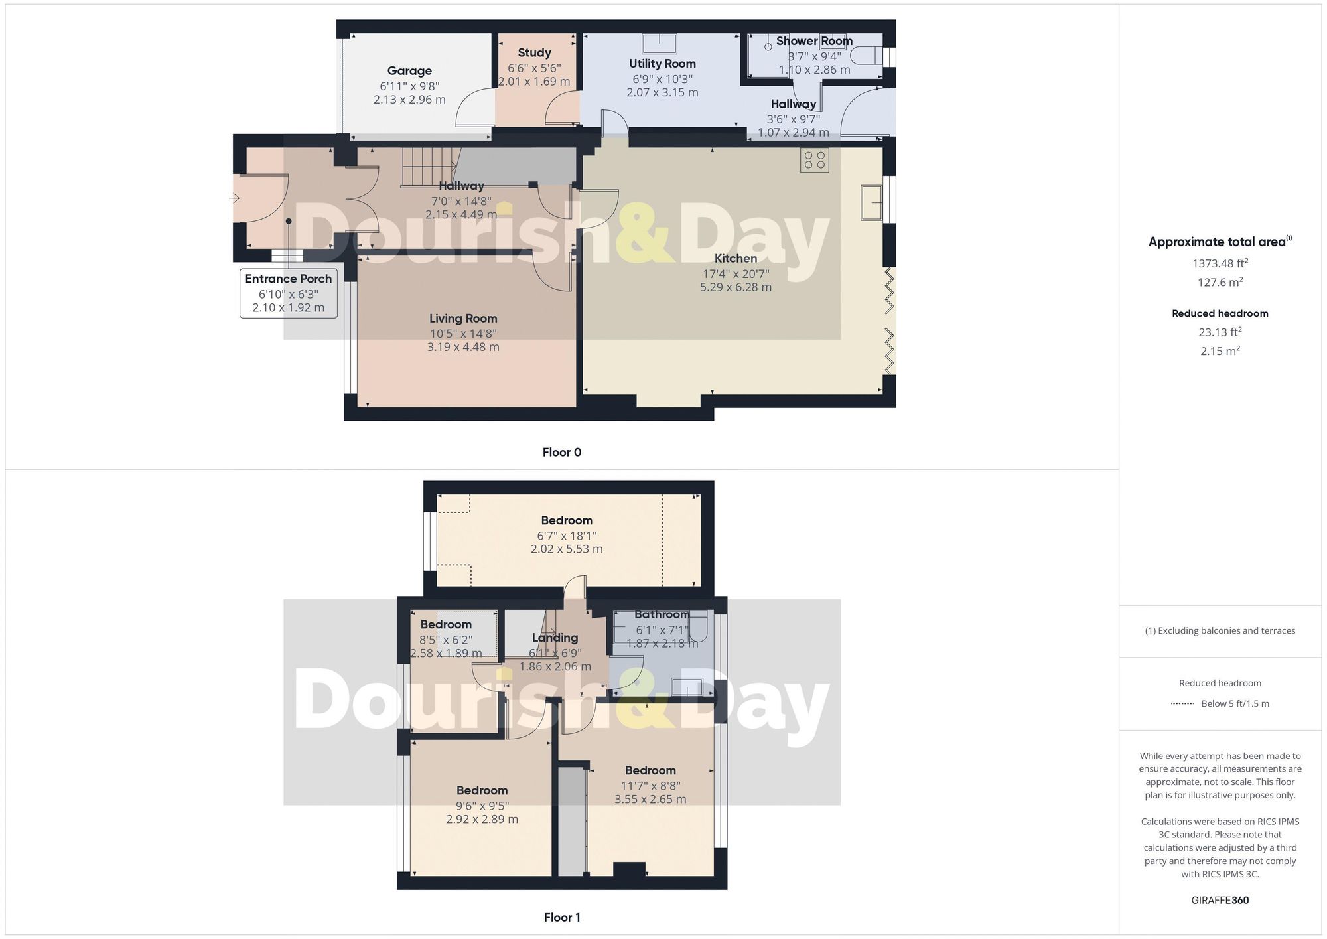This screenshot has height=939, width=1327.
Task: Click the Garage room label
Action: coord(409,71)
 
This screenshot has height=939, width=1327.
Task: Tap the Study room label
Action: coord(534,53)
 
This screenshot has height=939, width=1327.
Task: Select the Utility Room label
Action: coord(662,64)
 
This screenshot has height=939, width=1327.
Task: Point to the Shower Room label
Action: coord(814,41)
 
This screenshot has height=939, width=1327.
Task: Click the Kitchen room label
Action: coord(735,259)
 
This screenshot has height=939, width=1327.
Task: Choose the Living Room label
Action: coord(462,319)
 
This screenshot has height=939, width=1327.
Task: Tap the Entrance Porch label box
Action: coord(289,293)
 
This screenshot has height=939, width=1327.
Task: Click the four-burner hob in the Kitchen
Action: coord(814,160)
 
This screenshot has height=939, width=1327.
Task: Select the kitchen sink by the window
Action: coord(871,202)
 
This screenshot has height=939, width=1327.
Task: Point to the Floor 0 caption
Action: coord(561,453)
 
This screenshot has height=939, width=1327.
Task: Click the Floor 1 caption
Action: coord(561,918)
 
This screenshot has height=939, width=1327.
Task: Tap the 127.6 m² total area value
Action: coord(1220,283)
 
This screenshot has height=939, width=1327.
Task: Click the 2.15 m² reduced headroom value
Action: coord(1220,351)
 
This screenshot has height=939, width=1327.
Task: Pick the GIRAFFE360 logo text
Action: coord(1220,901)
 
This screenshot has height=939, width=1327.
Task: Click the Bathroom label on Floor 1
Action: coord(662,615)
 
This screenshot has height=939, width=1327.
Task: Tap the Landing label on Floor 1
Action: coord(555,638)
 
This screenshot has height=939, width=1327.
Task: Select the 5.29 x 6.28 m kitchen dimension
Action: coord(735,287)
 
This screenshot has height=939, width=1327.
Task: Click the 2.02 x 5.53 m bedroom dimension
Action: coord(566,549)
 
